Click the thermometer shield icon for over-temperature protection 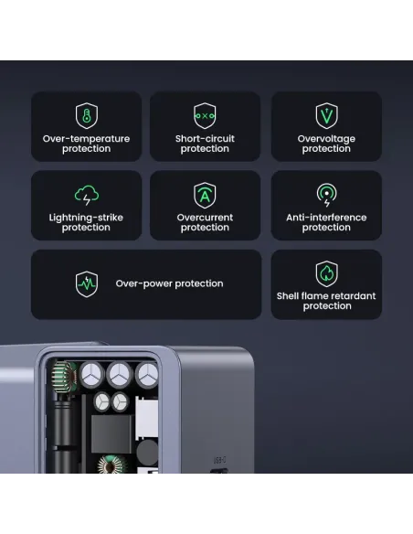(87, 115)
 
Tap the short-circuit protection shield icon (205, 115)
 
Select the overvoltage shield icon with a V (326, 115)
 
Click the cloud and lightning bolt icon (87, 194)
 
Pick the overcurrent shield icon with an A (205, 194)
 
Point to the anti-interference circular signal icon (326, 194)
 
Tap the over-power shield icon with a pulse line (87, 283)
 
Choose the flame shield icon (326, 272)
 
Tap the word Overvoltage (326, 139)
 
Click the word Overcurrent (205, 218)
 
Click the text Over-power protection (169, 283)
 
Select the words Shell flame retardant (326, 296)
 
